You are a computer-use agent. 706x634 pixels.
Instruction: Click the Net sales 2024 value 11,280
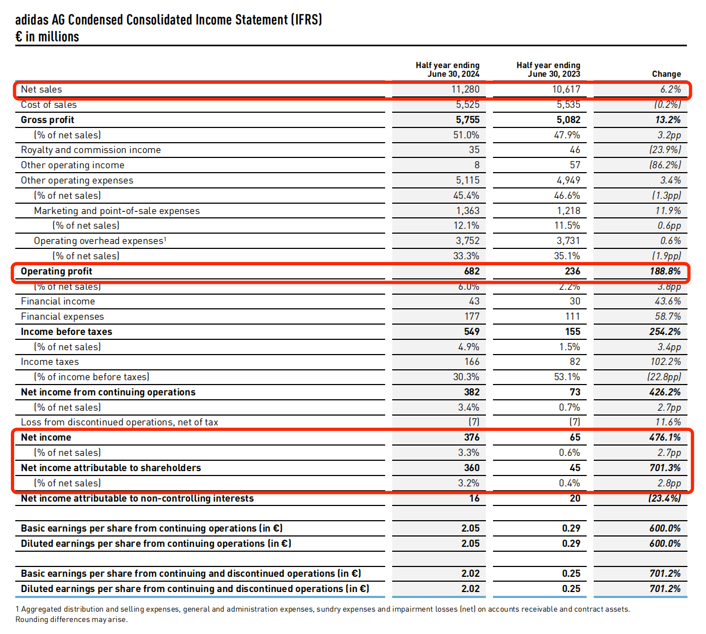[x=465, y=89]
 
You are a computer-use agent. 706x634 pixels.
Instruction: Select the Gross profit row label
[x=47, y=120]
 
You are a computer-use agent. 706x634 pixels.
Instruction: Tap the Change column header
[x=666, y=74]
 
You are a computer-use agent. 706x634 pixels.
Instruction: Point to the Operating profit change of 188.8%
[x=665, y=271]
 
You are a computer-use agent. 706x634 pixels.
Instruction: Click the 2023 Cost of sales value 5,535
[x=568, y=105]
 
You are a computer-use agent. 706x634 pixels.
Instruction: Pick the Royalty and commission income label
[x=91, y=150]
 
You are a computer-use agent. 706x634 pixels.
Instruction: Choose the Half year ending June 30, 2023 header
[x=548, y=69]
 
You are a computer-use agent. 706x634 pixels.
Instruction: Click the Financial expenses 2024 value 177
[x=472, y=316]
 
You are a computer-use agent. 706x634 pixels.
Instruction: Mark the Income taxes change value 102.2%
[x=666, y=362]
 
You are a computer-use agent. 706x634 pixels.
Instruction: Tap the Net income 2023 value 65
[x=575, y=437]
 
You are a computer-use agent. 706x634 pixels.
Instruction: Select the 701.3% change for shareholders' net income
[x=665, y=468]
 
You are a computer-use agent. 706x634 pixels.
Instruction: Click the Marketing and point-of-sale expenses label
[x=117, y=211]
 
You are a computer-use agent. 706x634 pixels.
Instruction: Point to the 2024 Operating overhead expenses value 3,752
[x=467, y=241]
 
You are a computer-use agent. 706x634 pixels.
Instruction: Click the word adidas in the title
[x=32, y=20]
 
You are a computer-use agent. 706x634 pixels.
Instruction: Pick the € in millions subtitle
[x=47, y=36]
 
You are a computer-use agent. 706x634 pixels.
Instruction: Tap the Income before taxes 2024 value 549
[x=472, y=332]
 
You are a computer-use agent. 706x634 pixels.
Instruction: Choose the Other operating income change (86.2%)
[x=665, y=165]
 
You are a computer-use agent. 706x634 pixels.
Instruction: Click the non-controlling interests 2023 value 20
[x=575, y=498]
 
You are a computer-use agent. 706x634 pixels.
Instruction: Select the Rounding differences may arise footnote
[x=71, y=619]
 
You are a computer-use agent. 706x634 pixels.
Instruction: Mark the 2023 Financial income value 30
[x=575, y=301]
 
